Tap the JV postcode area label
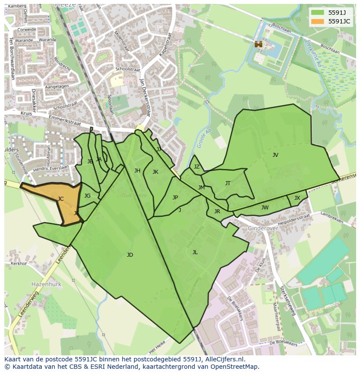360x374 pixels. pos(275,155)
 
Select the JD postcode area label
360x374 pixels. pos(130,255)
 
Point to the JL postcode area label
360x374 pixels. pos(195,252)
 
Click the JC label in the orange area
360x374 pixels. pos(60,199)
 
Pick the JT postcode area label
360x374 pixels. pos(227,183)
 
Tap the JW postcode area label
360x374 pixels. pos(265,208)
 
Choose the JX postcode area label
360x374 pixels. pos(297,198)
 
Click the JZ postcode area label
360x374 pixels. pos(197,167)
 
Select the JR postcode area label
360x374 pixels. pos(217,212)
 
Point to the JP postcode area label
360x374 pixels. pos(175,198)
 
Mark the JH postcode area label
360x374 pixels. pos(137,171)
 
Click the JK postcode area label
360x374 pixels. pos(155,172)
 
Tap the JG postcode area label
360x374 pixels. pos(87,196)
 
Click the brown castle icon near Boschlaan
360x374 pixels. pos(258,44)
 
